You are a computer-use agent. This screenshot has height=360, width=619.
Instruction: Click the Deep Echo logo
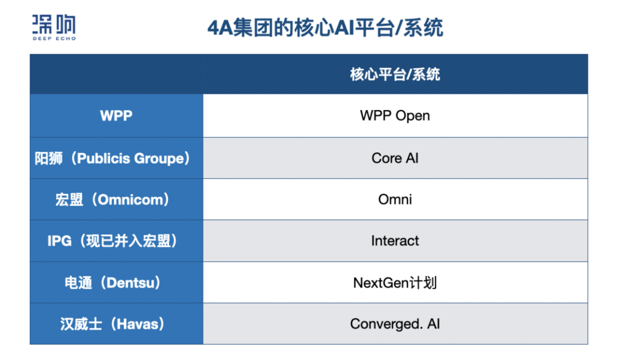(x=54, y=28)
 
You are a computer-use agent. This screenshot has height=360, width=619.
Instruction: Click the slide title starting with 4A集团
(x=325, y=28)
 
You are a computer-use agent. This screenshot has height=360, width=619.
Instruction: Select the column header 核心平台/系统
(x=395, y=74)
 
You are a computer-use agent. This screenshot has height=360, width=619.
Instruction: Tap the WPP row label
(x=116, y=116)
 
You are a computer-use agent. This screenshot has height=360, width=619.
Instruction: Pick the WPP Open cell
(x=395, y=116)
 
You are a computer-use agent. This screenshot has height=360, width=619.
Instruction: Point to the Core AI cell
(x=395, y=158)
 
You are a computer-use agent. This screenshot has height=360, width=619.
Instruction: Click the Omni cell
(x=395, y=199)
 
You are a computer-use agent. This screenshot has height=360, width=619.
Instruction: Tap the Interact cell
(x=395, y=240)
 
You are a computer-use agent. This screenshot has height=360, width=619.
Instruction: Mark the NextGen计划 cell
(x=395, y=283)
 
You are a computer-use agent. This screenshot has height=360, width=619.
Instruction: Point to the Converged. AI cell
(x=395, y=324)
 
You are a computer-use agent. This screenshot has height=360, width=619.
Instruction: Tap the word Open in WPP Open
(x=413, y=116)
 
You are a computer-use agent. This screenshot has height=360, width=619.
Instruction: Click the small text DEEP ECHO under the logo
(x=54, y=38)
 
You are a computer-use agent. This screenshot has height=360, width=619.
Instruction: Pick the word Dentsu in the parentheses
(x=130, y=283)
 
